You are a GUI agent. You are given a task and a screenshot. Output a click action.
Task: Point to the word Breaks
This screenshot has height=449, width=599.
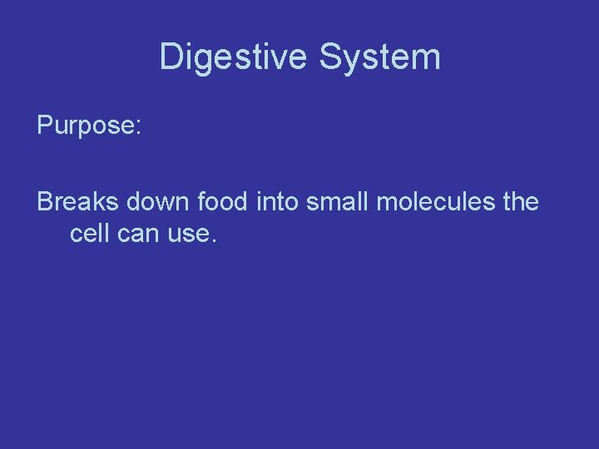[x=77, y=202]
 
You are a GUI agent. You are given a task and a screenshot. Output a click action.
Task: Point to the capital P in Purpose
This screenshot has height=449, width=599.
[x=45, y=126]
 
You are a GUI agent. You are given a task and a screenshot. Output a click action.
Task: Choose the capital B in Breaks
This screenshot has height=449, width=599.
[x=45, y=202]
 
